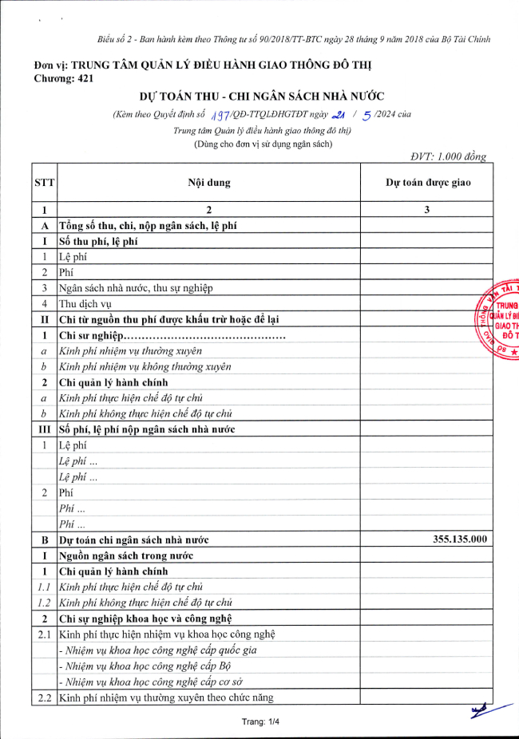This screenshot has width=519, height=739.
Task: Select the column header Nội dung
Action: [x=208, y=183]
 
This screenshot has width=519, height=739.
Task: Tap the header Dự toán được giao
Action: [x=428, y=183]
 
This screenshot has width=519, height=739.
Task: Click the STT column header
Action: [x=45, y=183]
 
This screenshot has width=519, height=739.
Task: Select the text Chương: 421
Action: [x=65, y=78]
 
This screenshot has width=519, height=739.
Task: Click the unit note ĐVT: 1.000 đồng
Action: [x=447, y=157]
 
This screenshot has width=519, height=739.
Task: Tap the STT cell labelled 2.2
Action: [x=45, y=698]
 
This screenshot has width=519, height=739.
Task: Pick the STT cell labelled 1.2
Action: [x=45, y=603]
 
